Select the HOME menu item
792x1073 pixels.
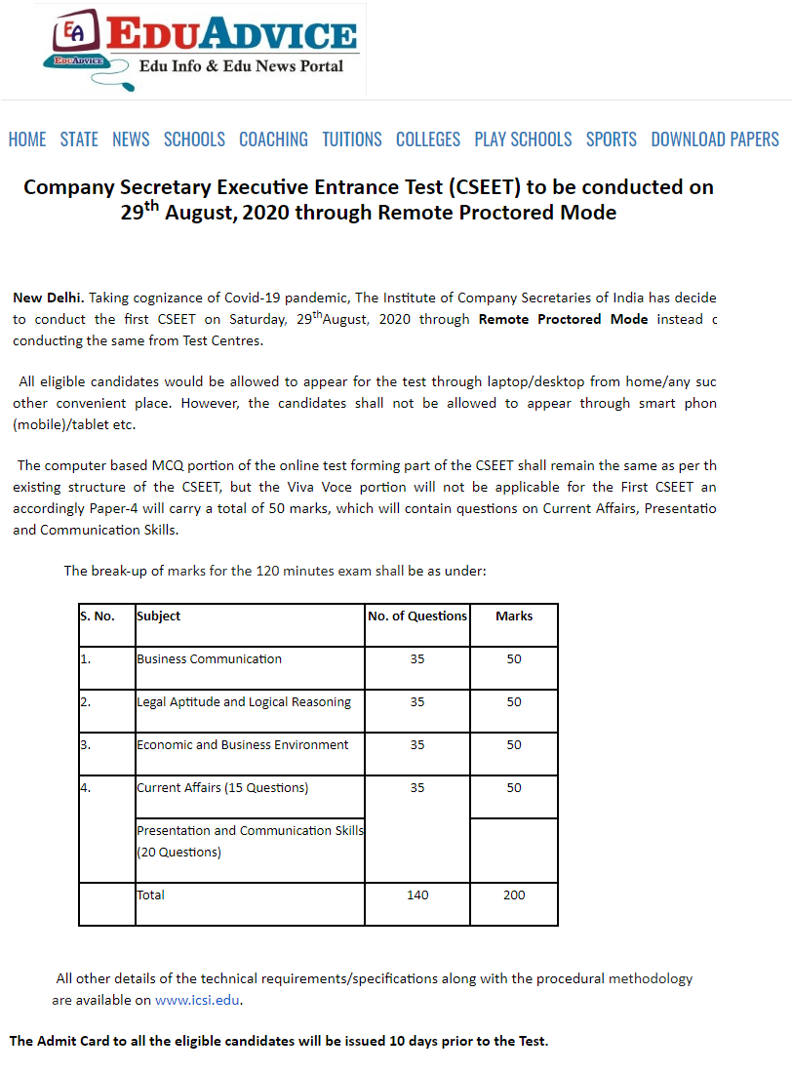[27, 139]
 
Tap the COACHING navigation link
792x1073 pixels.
[273, 139]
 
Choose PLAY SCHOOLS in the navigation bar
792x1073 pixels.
[523, 139]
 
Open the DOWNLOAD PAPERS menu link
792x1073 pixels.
[715, 139]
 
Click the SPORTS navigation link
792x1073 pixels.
[612, 139]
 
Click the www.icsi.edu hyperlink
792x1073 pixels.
[197, 1000]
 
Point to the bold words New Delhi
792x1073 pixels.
[48, 297]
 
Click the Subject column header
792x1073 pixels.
[159, 616]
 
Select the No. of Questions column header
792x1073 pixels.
[417, 616]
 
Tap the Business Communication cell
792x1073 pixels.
[210, 659]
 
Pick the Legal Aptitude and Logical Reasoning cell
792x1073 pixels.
[244, 702]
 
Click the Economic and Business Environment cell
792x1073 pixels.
[243, 745]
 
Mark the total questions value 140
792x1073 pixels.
[417, 895]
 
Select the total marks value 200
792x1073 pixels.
[514, 895]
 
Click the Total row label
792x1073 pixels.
[151, 895]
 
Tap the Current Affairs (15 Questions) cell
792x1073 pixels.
[222, 788]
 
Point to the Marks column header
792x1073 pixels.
[514, 616]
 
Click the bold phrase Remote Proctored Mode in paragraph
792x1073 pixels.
[563, 319]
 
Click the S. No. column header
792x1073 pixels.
[98, 616]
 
